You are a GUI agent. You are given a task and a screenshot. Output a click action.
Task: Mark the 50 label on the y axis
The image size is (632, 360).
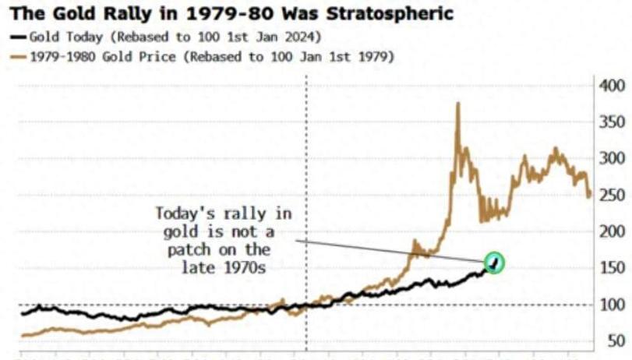pos(616,341)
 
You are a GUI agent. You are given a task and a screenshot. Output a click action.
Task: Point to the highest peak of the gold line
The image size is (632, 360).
pos(457,104)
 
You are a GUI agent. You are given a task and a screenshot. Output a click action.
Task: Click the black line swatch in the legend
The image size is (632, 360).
pos(17,37)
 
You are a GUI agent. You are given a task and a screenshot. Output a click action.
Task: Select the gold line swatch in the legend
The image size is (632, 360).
pos(17,56)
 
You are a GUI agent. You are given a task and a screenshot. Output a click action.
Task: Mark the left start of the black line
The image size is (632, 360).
pos(22,313)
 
